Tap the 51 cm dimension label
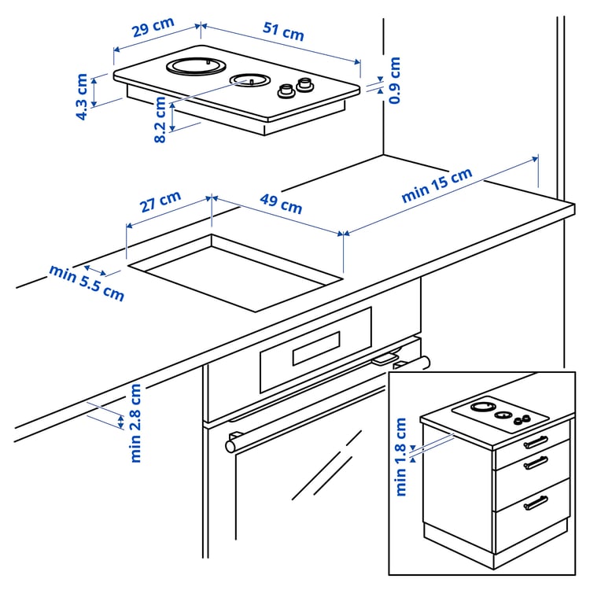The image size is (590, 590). click(282, 32)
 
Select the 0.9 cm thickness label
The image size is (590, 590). click(394, 80)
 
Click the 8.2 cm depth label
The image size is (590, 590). click(160, 120)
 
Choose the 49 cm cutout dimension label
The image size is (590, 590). click(280, 203)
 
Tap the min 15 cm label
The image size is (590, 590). click(437, 186)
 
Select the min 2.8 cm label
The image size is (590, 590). click(136, 422)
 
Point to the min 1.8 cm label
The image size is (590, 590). click(401, 456)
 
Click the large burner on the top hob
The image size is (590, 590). click(197, 66)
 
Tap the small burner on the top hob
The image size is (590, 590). click(250, 80)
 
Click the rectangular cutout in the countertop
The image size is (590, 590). click(236, 271)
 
